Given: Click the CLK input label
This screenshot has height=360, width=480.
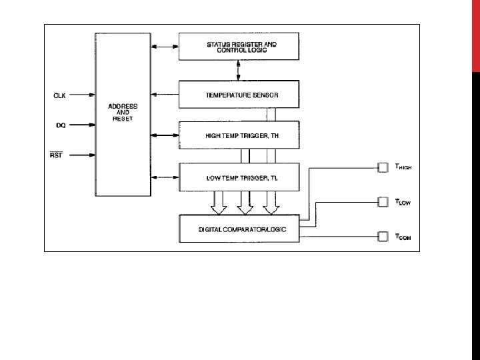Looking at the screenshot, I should [59, 95].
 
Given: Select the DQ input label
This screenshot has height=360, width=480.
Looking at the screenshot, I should [60, 124].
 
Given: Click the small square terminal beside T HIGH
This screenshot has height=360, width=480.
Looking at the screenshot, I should [383, 167].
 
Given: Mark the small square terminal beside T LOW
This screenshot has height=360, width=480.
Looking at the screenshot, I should [383, 201].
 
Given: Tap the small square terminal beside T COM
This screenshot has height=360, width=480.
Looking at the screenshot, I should [383, 235].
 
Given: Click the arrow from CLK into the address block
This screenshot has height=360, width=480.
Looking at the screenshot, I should [82, 95].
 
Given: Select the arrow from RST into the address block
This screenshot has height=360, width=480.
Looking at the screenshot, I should [82, 155].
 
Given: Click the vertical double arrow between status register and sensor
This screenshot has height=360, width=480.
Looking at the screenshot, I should [237, 69].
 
